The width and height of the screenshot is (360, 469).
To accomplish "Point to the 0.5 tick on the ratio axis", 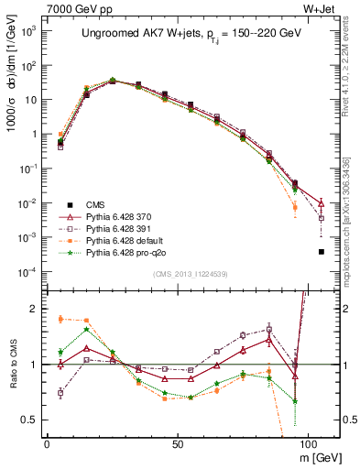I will click(x=29, y=420).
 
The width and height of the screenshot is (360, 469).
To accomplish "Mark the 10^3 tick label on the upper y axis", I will click(x=27, y=31).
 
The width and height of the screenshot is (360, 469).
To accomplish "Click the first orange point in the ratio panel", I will click(x=60, y=319).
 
